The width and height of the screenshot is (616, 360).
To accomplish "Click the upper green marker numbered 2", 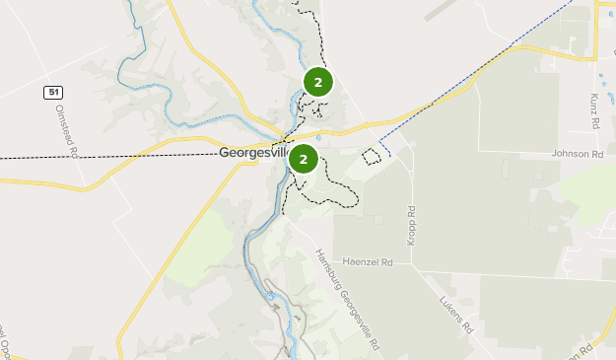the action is pyautogui.click(x=317, y=82).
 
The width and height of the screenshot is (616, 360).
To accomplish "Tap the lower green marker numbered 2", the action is pyautogui.click(x=304, y=159).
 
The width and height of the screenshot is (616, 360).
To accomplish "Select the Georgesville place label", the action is pyautogui.click(x=251, y=155).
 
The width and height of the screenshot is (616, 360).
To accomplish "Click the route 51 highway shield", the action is pyautogui.click(x=53, y=92).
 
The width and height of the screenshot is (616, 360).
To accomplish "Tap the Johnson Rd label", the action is pyautogui.click(x=577, y=155).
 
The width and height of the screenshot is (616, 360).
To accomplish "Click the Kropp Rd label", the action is pyautogui.click(x=412, y=226).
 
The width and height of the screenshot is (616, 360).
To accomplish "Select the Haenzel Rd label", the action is pyautogui.click(x=368, y=262).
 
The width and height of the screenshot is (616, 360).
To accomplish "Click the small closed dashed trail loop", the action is pyautogui.click(x=372, y=155).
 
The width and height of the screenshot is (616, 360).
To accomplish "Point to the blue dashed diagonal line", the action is pyautogui.click(x=473, y=75).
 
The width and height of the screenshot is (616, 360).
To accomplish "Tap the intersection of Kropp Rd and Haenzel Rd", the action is pyautogui.click(x=412, y=264).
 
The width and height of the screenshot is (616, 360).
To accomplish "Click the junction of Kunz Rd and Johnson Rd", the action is pyautogui.click(x=591, y=146).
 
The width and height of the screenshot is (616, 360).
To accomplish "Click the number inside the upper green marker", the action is pyautogui.click(x=317, y=82).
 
